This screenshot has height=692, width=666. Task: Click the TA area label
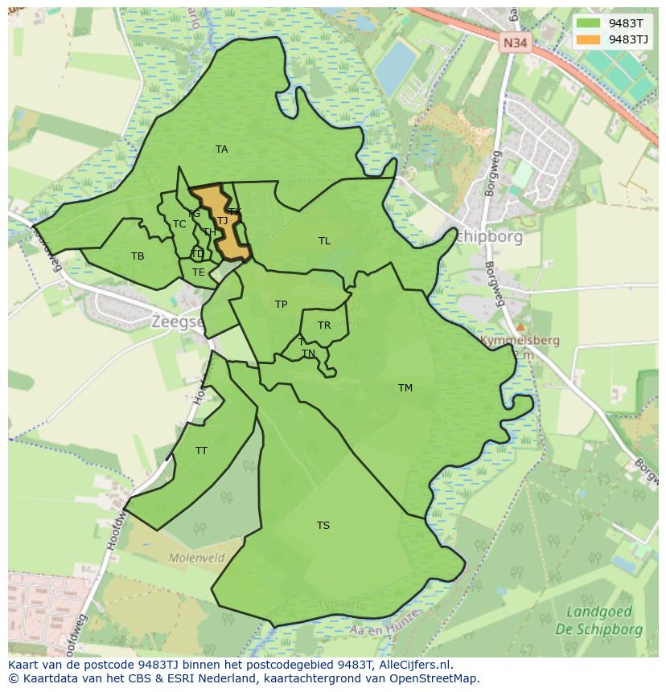[x=221, y=149]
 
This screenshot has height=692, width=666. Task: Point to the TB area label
[x=138, y=256]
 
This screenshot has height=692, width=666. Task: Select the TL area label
[x=324, y=241]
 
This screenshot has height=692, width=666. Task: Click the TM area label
[x=405, y=388]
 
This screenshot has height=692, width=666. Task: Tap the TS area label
[x=323, y=526]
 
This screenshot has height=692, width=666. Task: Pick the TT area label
[x=201, y=451]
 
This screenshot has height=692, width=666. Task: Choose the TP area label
[x=281, y=305]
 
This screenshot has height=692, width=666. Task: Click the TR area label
[x=324, y=326]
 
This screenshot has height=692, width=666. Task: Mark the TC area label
[x=179, y=224]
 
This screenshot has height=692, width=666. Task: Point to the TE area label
[x=198, y=272]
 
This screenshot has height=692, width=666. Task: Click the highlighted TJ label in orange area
[x=222, y=220]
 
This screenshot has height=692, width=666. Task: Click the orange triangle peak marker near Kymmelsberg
[x=520, y=327]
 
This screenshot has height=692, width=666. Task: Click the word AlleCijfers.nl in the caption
[x=410, y=665]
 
